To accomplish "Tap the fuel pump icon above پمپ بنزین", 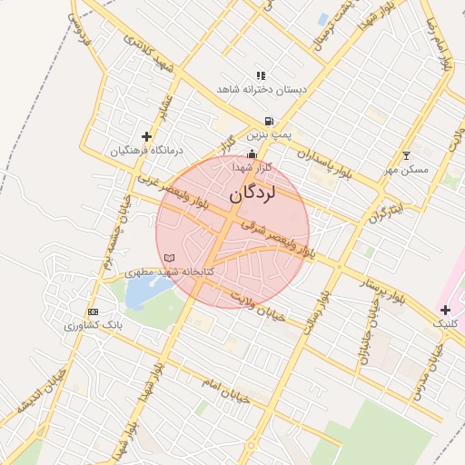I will click(269, 121).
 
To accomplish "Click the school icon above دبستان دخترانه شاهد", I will click(262, 75).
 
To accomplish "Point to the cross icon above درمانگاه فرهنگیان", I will click(146, 136).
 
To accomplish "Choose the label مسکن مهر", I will click(405, 170).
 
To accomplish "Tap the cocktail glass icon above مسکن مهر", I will click(406, 155).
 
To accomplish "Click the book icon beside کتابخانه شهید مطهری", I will click(169, 259).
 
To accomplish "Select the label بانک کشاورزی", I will click(93, 325).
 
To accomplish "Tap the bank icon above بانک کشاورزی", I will click(93, 312).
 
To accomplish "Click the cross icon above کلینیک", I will click(444, 311).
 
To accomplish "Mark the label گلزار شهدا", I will click(252, 168).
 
